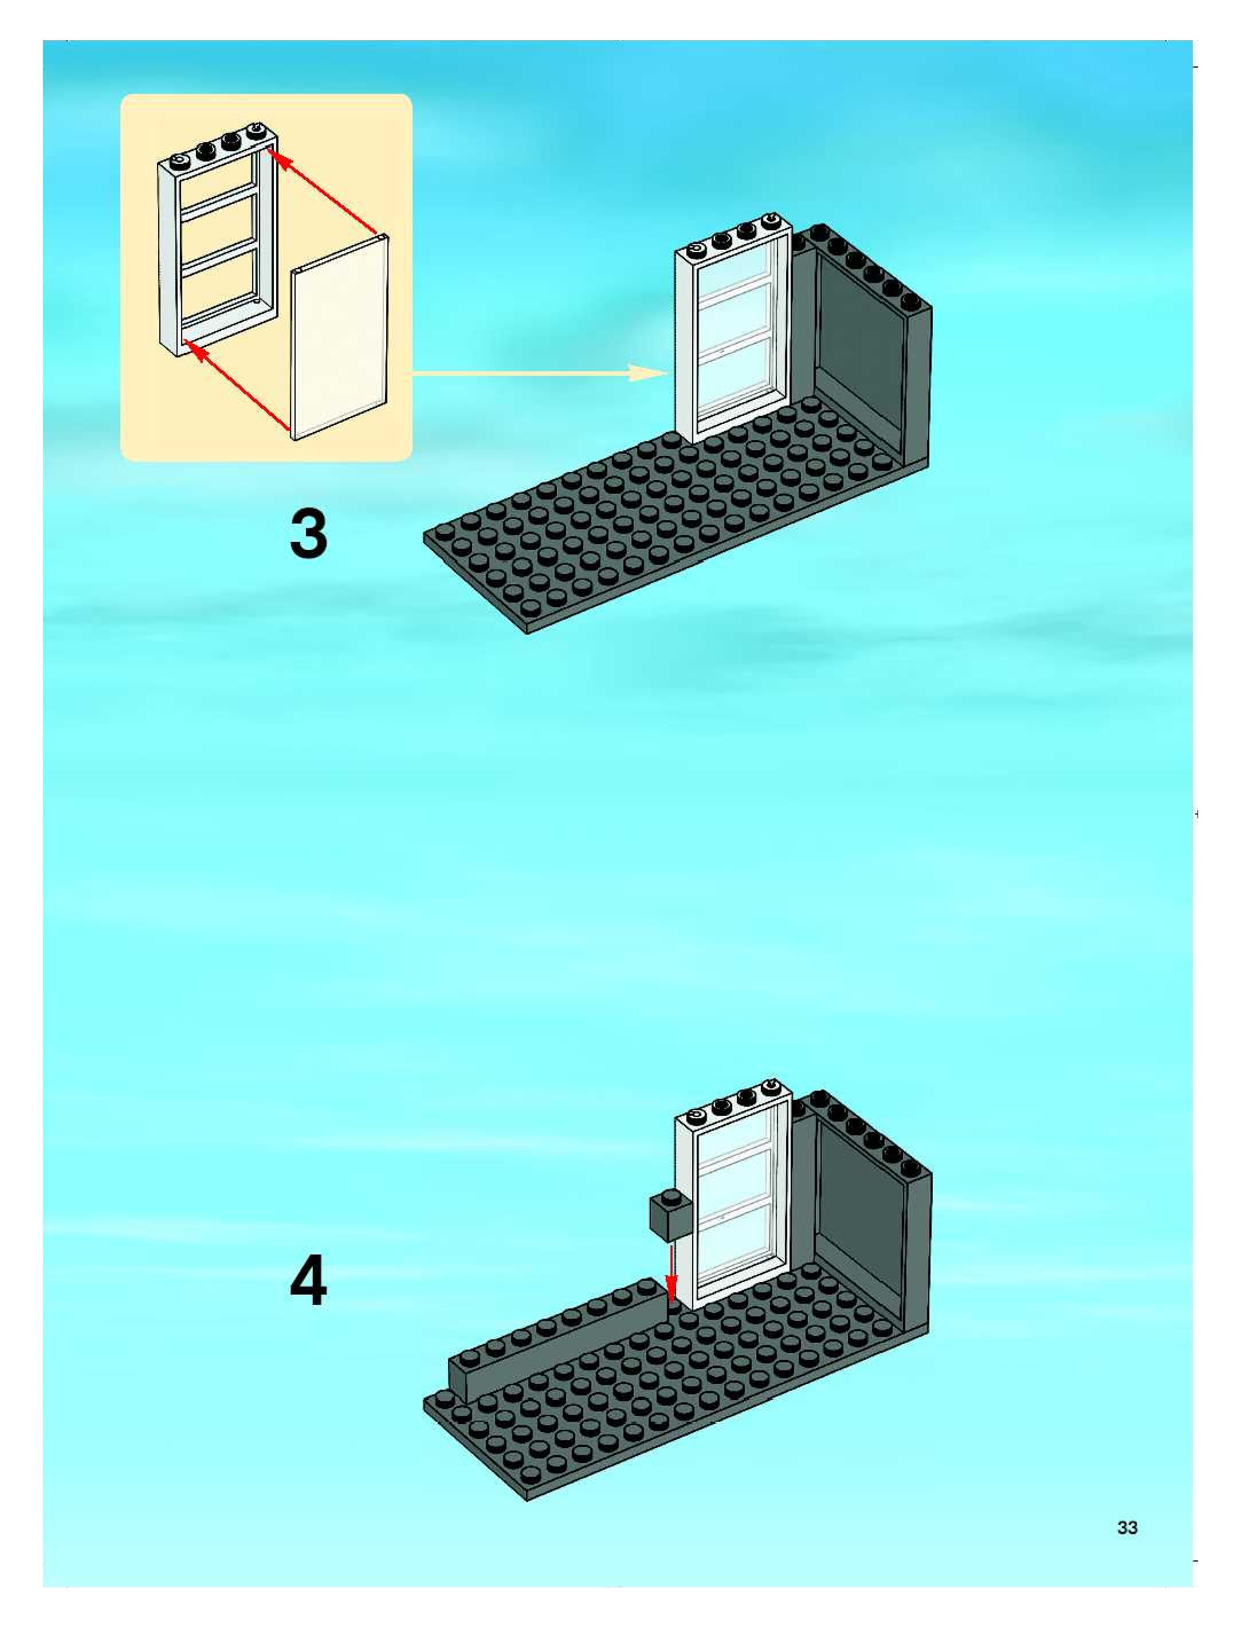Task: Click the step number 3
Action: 308,534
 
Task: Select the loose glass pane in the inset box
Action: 340,339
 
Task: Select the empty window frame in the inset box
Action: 218,239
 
